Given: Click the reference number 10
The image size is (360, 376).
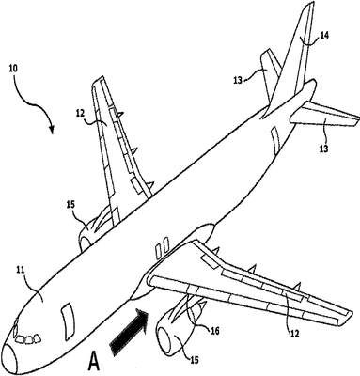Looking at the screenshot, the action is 12,69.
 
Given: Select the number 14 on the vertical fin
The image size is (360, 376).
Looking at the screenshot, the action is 324,36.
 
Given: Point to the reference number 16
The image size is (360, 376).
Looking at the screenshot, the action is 215,330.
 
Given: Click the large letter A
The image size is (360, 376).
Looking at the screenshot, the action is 94,361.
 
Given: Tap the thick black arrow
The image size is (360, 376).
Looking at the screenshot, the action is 129,332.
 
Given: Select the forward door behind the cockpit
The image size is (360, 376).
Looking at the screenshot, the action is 67,320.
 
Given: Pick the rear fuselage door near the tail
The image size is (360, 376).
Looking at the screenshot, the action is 275,139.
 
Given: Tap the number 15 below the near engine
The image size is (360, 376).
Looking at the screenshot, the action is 194,360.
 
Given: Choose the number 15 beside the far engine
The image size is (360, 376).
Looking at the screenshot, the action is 70,204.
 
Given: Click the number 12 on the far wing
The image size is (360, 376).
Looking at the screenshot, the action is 81,113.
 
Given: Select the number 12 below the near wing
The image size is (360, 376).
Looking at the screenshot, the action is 295,334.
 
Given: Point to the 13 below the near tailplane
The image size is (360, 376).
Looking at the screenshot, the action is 323,148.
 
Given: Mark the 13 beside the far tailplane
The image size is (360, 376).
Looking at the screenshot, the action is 238,80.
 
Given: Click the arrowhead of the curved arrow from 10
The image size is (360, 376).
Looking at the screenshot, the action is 52,130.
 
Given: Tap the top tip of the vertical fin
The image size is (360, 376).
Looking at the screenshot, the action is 311,3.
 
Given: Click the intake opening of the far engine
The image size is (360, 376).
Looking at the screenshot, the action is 85,243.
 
